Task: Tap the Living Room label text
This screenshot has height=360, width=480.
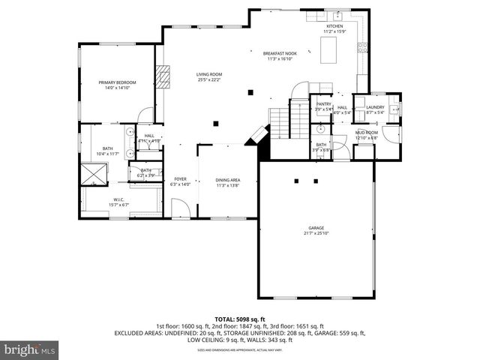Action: (209, 74)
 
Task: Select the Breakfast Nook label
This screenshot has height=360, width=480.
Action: (280, 54)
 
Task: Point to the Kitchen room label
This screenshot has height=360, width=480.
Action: (334, 26)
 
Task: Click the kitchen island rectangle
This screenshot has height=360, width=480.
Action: (328, 50)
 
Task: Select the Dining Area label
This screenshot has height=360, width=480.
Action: (227, 180)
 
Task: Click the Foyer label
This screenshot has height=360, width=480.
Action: (180, 178)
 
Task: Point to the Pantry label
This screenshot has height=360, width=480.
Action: (323, 104)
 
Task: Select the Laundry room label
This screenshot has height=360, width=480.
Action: (375, 107)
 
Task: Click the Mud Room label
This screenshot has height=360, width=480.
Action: (367, 131)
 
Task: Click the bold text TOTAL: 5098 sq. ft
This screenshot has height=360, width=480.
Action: (239, 319)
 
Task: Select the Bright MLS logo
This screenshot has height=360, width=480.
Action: (30, 349)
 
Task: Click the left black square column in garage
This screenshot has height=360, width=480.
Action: (297, 181)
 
